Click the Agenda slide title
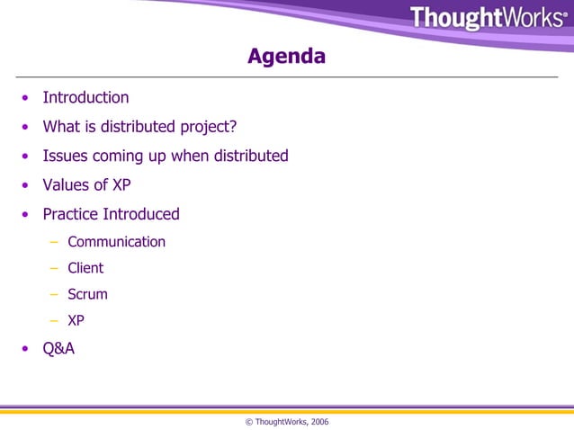click(x=286, y=58)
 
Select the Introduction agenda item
click(x=85, y=97)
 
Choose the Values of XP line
click(x=87, y=185)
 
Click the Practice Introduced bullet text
click(x=111, y=214)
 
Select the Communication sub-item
click(x=116, y=242)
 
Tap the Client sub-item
click(x=85, y=268)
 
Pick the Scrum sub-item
click(x=87, y=293)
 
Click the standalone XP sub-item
click(x=76, y=319)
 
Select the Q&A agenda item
click(x=58, y=348)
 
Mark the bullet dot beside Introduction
click(x=27, y=98)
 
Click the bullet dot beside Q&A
click(x=27, y=349)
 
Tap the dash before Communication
click(x=55, y=243)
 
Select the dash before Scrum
click(x=55, y=294)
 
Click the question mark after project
click(x=232, y=127)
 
